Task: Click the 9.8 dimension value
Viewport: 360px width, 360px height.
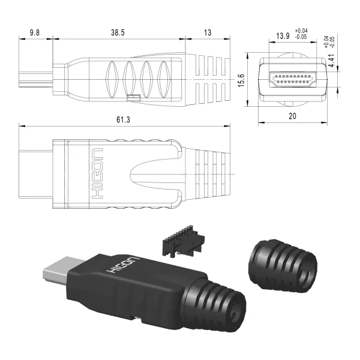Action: (x=35, y=32)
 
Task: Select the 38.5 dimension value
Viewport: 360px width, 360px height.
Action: (x=118, y=32)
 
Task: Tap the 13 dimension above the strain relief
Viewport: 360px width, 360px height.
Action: (x=208, y=32)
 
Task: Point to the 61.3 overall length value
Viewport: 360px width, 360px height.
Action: (x=123, y=119)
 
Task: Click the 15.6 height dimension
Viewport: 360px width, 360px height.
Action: (x=241, y=80)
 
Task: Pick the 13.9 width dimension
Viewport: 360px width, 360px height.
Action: (x=283, y=36)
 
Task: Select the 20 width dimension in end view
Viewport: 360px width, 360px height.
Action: (x=292, y=116)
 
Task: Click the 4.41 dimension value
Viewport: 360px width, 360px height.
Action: (x=332, y=61)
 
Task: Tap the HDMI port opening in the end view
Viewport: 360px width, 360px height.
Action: (x=293, y=79)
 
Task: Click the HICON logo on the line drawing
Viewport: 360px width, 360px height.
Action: (x=97, y=173)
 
